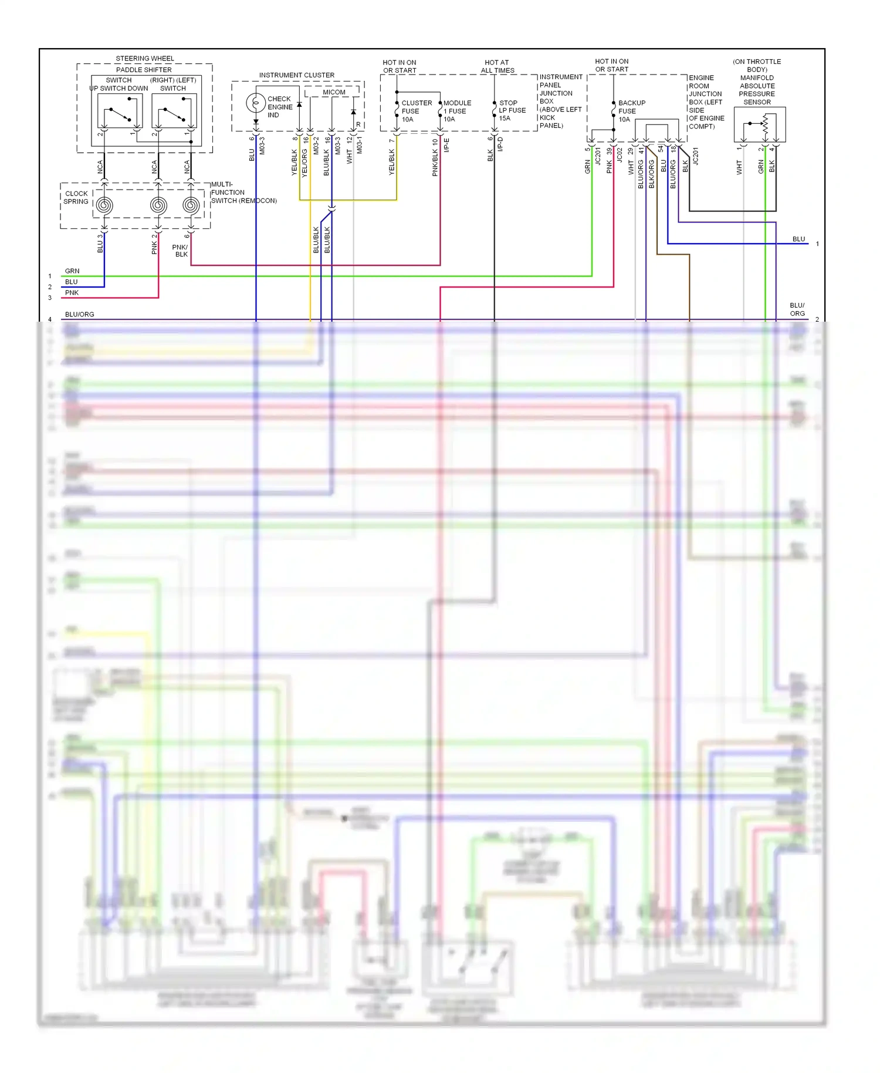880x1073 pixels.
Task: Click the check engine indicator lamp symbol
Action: pyautogui.click(x=256, y=103)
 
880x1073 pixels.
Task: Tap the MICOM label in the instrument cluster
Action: pyautogui.click(x=334, y=92)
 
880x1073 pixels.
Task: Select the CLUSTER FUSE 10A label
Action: pyautogui.click(x=416, y=111)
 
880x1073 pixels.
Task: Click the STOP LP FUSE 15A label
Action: pyautogui.click(x=512, y=110)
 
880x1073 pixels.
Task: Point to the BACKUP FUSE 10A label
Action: pyautogui.click(x=631, y=111)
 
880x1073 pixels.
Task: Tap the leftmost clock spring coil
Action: pyautogui.click(x=104, y=205)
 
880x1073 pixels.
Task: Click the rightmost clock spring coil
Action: pyautogui.click(x=191, y=205)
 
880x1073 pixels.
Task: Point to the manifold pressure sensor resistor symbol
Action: pyautogui.click(x=765, y=124)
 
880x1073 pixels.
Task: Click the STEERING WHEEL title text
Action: pyautogui.click(x=145, y=59)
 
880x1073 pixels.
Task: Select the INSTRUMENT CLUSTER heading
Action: pyautogui.click(x=297, y=75)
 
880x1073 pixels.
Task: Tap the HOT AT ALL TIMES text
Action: pyautogui.click(x=497, y=66)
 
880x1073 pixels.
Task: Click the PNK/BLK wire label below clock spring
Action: pyautogui.click(x=180, y=251)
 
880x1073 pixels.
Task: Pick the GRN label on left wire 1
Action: pyautogui.click(x=72, y=271)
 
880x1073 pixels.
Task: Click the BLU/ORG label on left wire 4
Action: pyautogui.click(x=79, y=315)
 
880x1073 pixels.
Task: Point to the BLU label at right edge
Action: pyautogui.click(x=798, y=239)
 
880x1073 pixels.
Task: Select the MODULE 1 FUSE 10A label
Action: pyautogui.click(x=456, y=111)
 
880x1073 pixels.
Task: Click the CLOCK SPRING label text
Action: pyautogui.click(x=76, y=197)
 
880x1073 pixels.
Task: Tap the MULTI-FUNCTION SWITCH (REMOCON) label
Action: pyautogui.click(x=243, y=193)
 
